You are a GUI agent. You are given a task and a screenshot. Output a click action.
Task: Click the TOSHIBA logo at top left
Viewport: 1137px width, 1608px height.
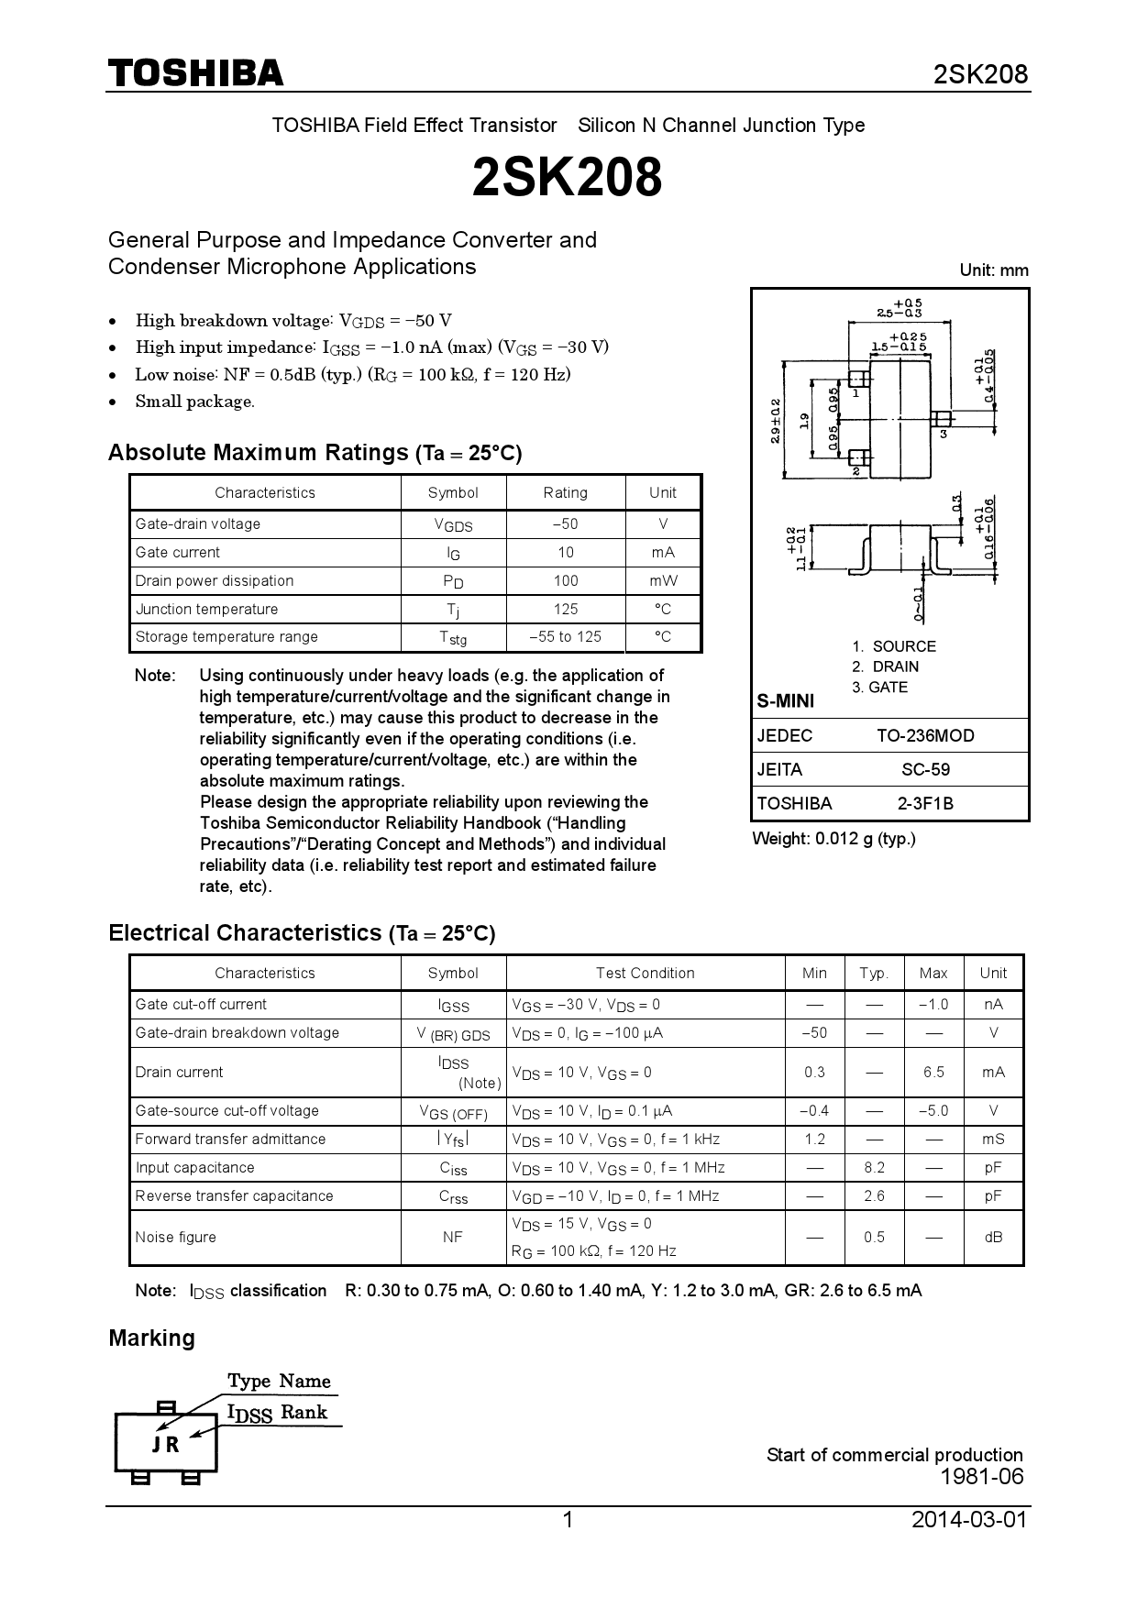196,73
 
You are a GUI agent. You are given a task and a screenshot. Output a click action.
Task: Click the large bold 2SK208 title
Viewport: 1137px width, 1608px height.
567,178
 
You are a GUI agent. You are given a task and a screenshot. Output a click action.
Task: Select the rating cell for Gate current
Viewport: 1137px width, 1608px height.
565,552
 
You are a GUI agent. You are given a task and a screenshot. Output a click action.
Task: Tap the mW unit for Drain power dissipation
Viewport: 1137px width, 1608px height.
663,580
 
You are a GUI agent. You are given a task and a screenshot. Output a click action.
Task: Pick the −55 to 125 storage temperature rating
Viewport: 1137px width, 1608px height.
565,636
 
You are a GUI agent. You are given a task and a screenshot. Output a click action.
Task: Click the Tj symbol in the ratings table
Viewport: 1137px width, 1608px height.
453,610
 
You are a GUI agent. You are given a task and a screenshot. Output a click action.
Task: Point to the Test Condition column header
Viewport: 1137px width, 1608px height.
645,973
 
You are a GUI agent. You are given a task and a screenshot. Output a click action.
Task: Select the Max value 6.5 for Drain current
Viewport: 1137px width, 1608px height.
933,1072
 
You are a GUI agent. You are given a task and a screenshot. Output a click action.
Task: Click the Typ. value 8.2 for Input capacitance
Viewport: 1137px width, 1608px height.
874,1167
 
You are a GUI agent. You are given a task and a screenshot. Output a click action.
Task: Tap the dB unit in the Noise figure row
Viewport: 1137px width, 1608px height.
993,1237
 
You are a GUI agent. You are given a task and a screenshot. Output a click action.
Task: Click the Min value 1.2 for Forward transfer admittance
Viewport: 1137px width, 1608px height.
814,1139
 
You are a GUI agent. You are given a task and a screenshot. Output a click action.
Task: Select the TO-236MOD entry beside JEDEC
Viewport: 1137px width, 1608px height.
925,735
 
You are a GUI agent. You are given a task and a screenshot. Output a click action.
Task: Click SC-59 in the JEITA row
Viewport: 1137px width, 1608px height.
925,769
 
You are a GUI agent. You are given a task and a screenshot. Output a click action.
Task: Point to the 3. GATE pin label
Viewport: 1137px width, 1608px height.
879,687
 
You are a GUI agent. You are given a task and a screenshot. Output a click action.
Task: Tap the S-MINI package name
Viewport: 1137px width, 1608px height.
785,701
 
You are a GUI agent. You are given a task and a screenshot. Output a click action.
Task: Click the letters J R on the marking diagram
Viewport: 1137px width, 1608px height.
166,1444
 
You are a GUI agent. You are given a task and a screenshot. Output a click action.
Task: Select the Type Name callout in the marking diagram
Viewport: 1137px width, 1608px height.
279,1381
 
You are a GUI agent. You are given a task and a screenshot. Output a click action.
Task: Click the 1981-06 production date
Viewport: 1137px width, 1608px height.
981,1476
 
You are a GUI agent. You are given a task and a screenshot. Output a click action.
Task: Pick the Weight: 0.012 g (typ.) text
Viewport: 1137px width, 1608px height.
833,838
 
